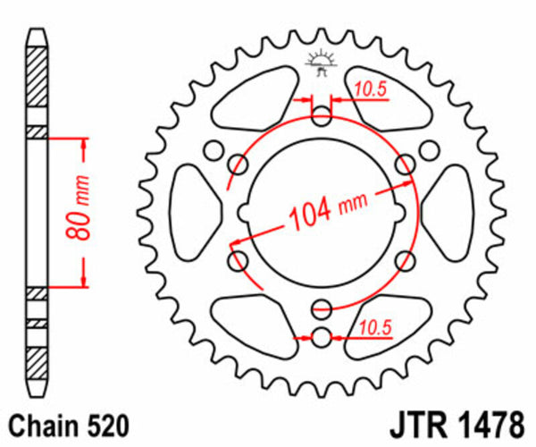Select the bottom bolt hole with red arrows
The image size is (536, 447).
(x=322, y=338)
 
